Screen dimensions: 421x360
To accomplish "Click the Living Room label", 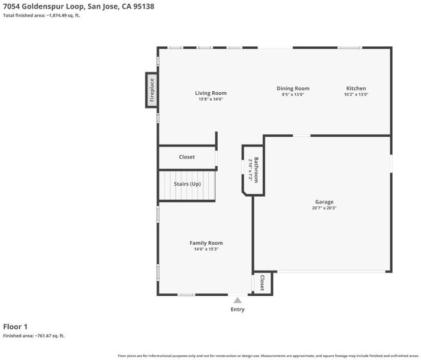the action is (210, 93).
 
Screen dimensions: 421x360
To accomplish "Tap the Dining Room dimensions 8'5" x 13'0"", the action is (293, 94).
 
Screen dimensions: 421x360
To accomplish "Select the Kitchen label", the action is (356, 88).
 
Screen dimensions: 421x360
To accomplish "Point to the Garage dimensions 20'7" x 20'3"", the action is (324, 208).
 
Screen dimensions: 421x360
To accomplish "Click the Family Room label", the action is (206, 243).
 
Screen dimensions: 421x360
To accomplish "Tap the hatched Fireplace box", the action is (152, 90).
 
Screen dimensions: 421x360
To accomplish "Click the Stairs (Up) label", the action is (187, 184).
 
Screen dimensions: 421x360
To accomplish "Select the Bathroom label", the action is (256, 170).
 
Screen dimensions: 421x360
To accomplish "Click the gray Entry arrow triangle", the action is (237, 300).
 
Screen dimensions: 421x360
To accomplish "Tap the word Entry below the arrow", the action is (237, 309).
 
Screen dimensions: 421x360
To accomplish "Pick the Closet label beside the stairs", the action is (187, 157).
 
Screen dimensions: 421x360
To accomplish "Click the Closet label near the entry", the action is (262, 283).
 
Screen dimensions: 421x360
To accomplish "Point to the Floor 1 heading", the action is (16, 326).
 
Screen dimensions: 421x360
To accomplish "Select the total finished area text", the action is (41, 16).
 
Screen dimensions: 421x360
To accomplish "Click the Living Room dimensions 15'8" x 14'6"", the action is (210, 99).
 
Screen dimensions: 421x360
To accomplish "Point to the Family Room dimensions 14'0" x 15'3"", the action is (206, 249).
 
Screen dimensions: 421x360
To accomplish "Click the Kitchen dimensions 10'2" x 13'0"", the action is (356, 94).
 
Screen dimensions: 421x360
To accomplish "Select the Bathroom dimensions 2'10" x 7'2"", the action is (250, 170).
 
